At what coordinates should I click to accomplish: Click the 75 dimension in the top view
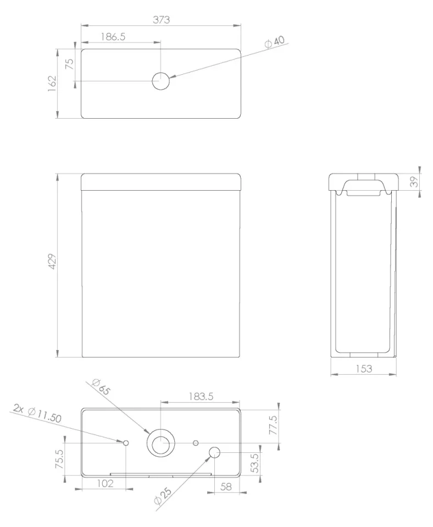(x=69, y=62)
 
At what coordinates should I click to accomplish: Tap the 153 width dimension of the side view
(x=363, y=369)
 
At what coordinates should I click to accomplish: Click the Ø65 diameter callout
(x=101, y=388)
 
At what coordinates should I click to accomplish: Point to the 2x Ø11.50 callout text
(x=38, y=414)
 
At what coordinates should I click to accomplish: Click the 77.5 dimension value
(x=273, y=425)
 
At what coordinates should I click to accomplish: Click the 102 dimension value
(x=104, y=484)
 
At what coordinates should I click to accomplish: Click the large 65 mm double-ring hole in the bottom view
(x=160, y=443)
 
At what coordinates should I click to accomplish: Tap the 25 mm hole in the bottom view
(x=214, y=452)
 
